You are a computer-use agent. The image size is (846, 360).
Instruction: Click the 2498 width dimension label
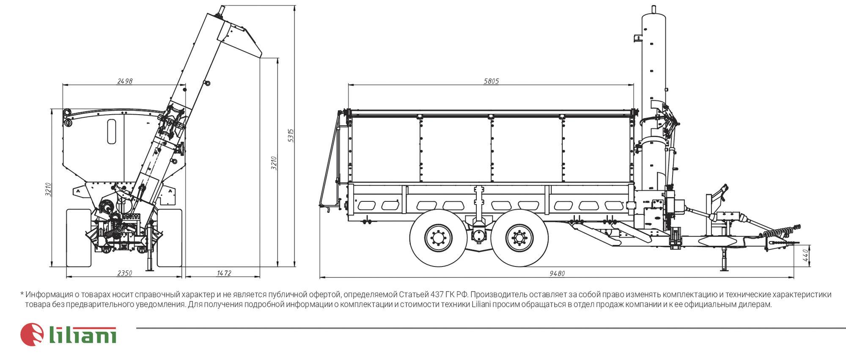[x=125, y=81]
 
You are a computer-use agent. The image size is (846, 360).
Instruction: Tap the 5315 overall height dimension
[x=291, y=135]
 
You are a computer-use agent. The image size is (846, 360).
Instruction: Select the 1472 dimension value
[x=224, y=273]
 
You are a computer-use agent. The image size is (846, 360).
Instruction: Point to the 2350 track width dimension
[x=124, y=273]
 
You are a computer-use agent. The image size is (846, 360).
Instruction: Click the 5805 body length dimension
[x=491, y=81]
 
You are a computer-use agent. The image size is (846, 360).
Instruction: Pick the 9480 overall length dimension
[x=557, y=274]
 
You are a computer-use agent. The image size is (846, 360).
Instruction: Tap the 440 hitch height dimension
[x=806, y=255]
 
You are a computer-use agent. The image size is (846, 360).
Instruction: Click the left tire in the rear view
[x=79, y=238]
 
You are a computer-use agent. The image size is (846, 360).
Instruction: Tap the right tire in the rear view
[x=169, y=238]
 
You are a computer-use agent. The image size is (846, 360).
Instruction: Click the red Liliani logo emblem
[x=32, y=335]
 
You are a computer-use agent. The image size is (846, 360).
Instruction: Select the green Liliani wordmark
[x=83, y=335]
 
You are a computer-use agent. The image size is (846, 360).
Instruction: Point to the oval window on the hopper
[x=112, y=132]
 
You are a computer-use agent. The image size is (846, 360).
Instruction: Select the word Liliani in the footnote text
[x=481, y=305]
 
